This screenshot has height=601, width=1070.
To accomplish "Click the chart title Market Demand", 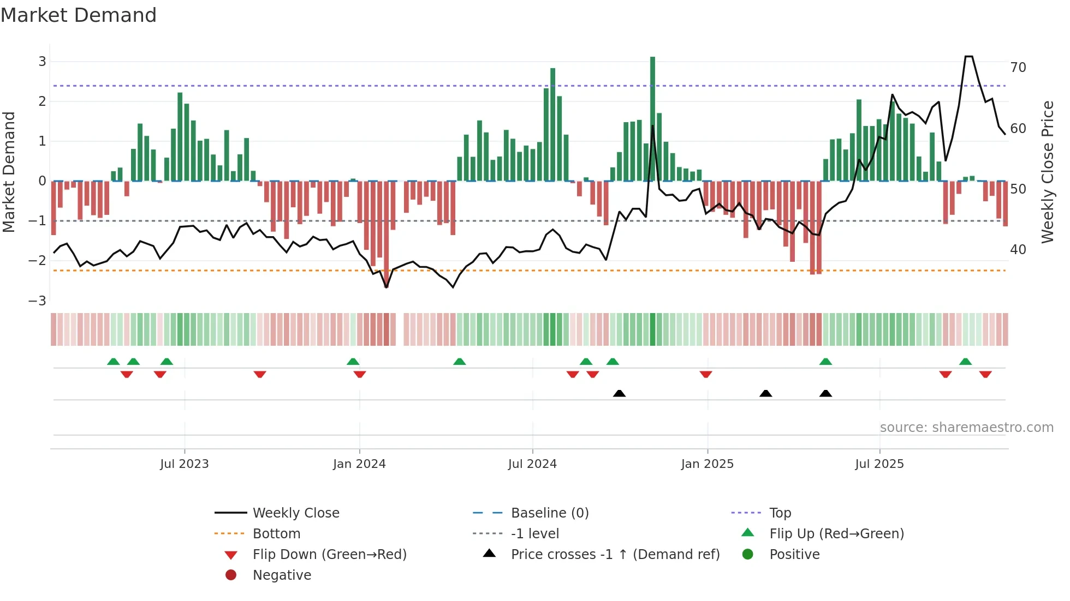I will coord(79,15).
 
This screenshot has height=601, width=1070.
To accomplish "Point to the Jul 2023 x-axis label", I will coord(185,464).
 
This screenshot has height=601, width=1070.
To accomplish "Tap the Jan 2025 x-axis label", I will coord(707,464).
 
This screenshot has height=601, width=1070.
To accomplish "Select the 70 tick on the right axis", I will coord(1018,68).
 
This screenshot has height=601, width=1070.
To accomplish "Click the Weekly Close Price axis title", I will coord(1047,172).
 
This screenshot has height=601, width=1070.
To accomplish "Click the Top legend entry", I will coord(780,513).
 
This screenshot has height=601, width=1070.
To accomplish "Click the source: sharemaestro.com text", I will coord(966,428).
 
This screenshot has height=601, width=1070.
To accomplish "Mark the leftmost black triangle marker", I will coord(619,393).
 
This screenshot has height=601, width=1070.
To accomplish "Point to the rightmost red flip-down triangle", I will coord(985,374).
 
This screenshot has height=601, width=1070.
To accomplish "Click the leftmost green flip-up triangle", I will coord(114,362).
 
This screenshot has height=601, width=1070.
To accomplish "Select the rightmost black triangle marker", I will coord(825,393).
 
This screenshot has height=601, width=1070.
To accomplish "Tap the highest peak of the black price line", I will coord(968,57).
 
